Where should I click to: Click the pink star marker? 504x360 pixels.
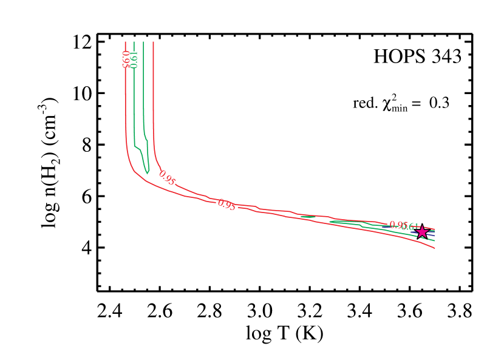point(422,231)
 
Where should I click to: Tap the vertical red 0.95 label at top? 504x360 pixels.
point(126,59)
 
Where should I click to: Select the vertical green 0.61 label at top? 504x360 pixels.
point(134,59)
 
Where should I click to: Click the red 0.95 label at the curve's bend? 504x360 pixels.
point(167,178)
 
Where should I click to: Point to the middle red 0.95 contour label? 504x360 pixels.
point(226,205)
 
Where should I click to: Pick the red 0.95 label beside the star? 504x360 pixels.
point(397,225)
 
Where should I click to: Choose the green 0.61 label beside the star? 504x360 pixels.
point(410,227)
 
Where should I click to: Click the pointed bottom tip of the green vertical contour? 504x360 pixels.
point(147,174)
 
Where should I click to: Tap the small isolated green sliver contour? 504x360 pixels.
point(308,216)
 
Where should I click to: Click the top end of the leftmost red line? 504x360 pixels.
point(125,42)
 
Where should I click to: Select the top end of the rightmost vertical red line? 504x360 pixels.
point(153,42)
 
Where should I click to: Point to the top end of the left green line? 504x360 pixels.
point(134,42)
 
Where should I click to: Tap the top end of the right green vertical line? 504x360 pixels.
point(143,42)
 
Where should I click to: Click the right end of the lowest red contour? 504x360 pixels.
point(435,248)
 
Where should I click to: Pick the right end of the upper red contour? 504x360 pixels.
point(435,229)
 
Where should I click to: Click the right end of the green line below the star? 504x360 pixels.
point(435,240)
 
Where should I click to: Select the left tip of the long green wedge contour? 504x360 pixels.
point(330,222)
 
